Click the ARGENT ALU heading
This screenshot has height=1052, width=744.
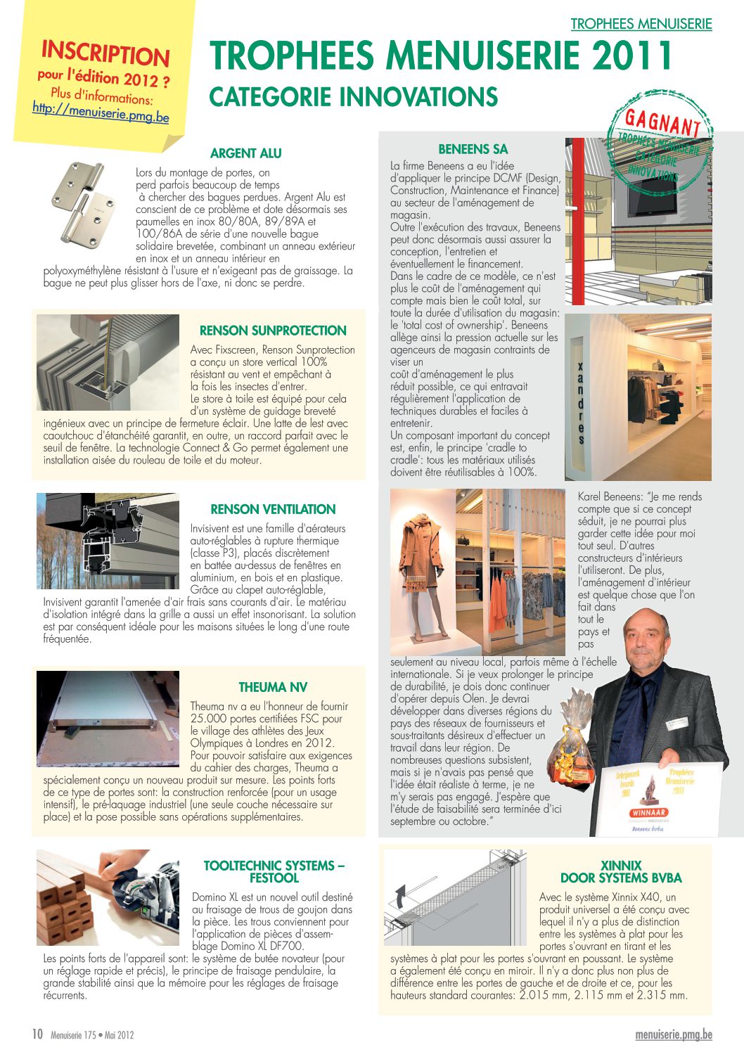tap(245, 153)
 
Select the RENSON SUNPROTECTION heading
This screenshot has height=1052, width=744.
tap(273, 331)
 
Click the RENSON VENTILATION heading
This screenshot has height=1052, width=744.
tap(273, 509)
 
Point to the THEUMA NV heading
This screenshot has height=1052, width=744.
tap(273, 687)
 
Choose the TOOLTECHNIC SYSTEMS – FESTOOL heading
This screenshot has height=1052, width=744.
tap(274, 872)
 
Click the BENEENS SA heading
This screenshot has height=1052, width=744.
tap(473, 149)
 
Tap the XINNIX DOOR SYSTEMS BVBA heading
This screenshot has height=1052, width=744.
tap(621, 872)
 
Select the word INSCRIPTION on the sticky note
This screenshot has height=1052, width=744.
tap(105, 53)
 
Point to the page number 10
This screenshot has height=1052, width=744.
tap(37, 1034)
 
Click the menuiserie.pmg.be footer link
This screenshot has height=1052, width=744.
tap(673, 1034)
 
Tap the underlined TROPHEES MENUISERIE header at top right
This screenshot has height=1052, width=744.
tap(641, 24)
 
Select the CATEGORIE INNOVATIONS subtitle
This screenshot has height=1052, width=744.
tap(354, 97)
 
